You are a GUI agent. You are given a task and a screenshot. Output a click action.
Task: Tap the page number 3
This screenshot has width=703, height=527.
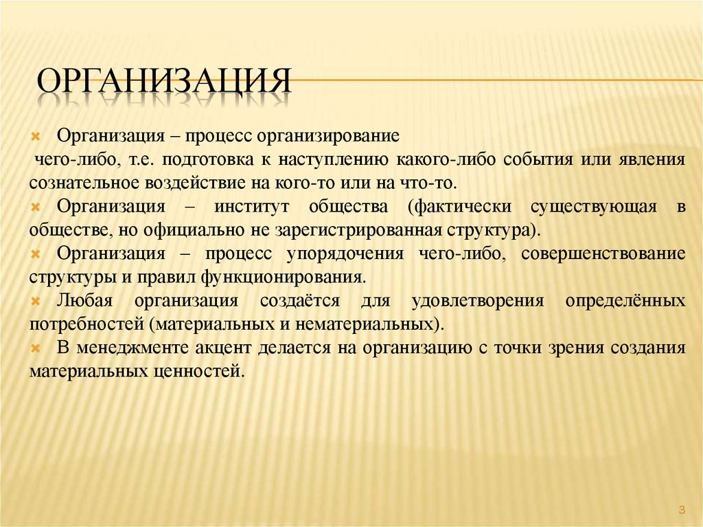point(682,509)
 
